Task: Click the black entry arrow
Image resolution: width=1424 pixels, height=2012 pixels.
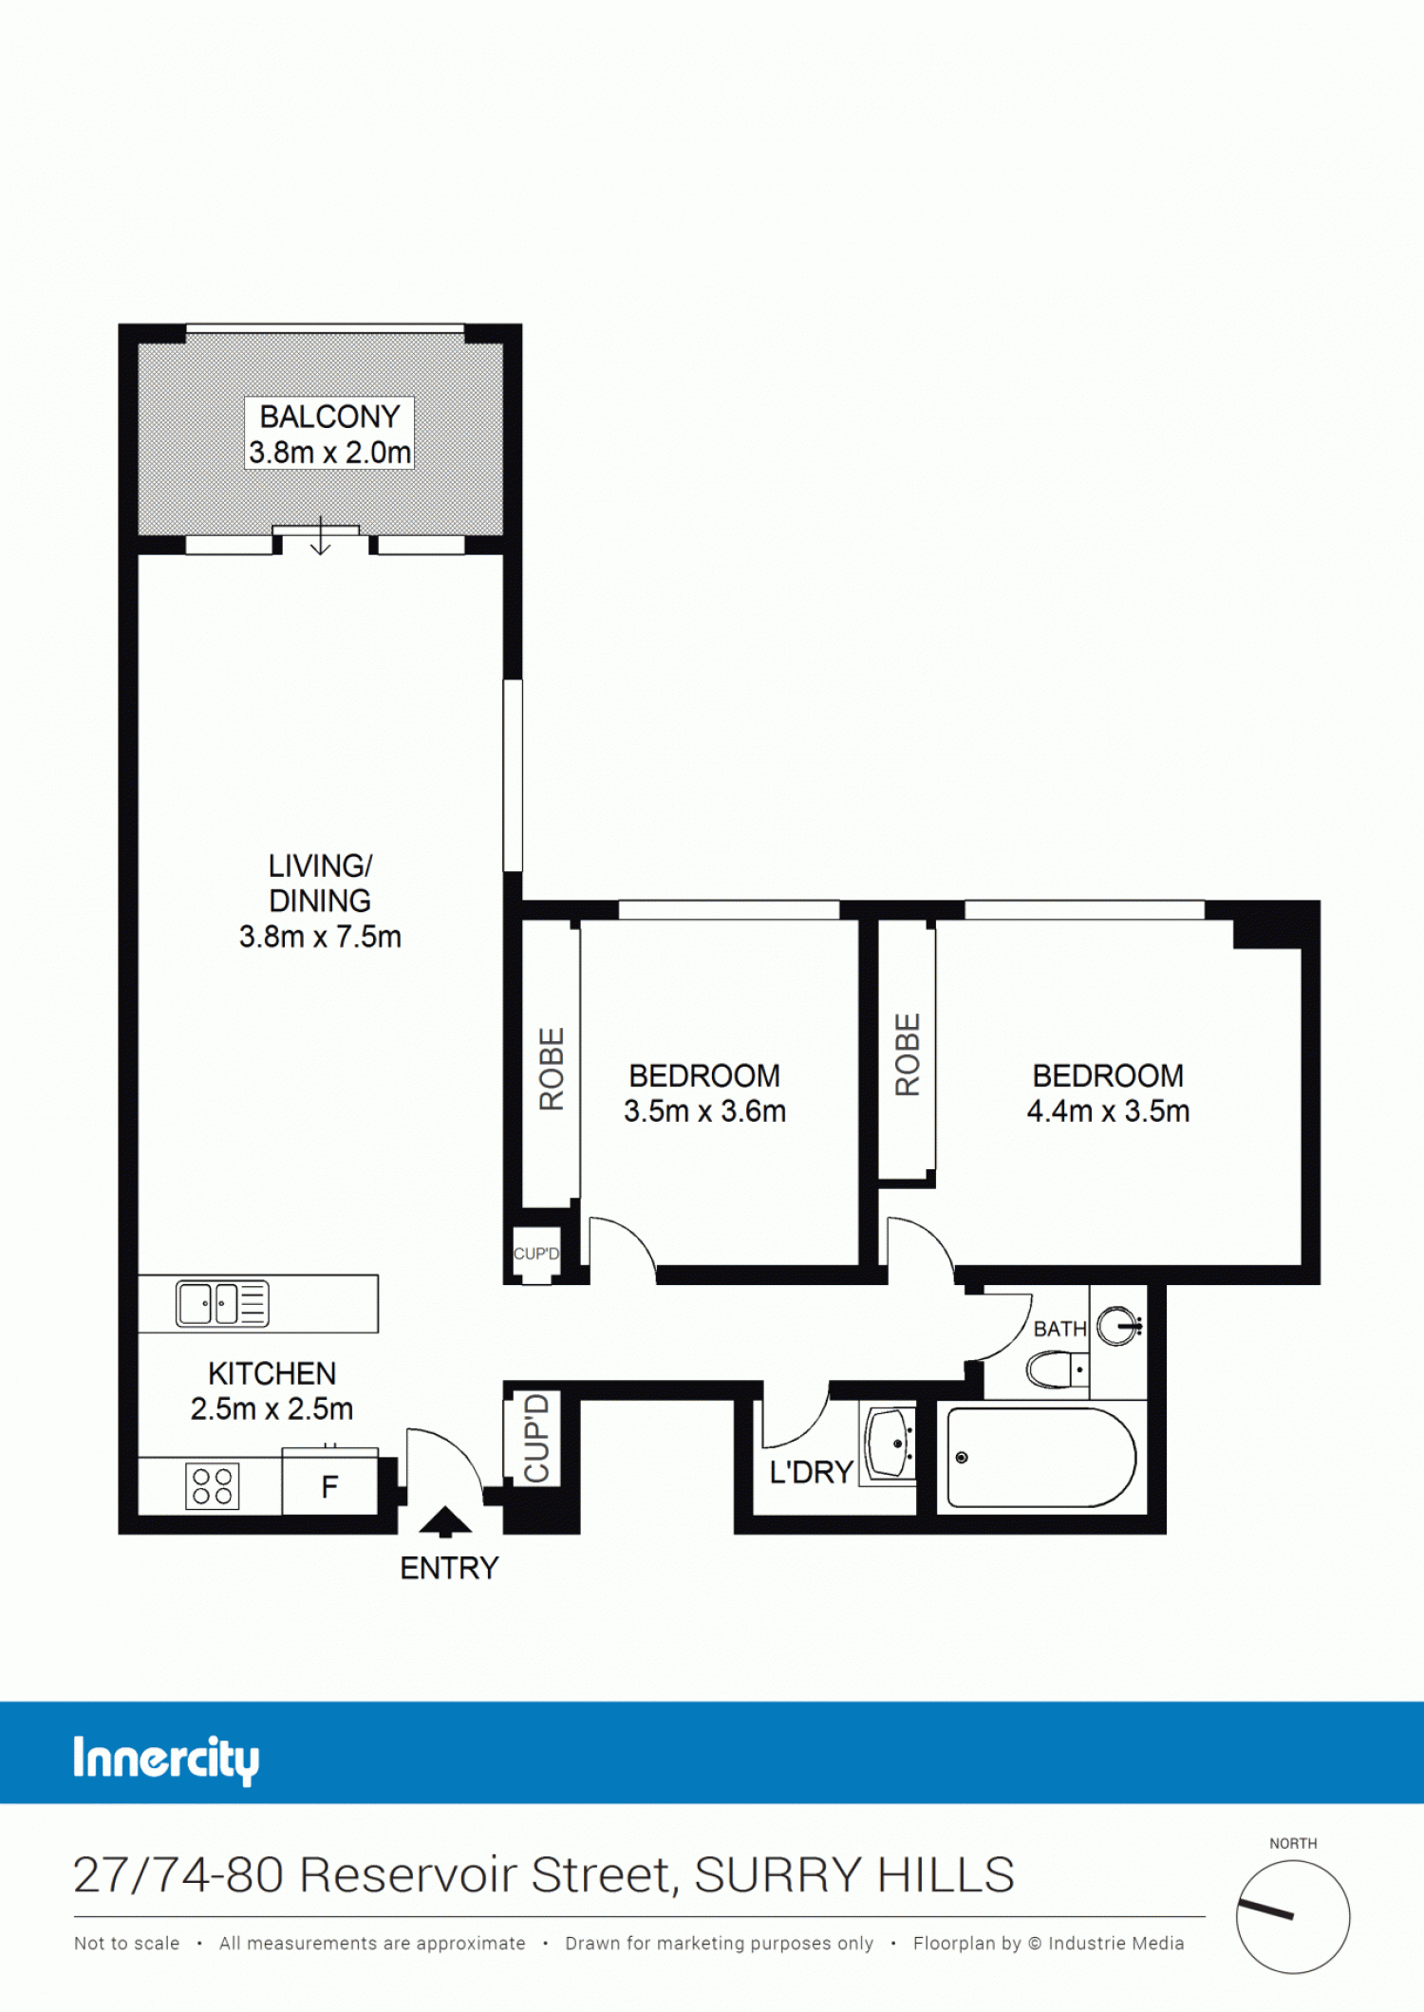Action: (x=445, y=1521)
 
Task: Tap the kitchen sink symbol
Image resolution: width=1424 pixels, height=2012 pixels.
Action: (x=222, y=1303)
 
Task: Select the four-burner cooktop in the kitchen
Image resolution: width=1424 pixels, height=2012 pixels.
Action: (x=212, y=1486)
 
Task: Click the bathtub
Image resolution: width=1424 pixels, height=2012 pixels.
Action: (x=1041, y=1457)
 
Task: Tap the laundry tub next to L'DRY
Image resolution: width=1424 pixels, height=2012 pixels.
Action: (x=889, y=1443)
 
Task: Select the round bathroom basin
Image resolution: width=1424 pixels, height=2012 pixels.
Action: (x=1118, y=1325)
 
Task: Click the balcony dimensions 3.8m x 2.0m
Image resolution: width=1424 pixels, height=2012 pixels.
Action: (x=329, y=453)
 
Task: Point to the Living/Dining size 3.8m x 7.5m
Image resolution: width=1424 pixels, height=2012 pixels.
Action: (x=320, y=937)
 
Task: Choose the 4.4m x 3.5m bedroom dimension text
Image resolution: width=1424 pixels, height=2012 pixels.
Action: (x=1108, y=1110)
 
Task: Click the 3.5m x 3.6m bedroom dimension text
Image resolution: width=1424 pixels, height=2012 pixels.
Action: (x=704, y=1110)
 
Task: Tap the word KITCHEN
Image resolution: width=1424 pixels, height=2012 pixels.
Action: (x=272, y=1373)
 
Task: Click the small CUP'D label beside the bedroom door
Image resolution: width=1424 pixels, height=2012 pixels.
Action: (x=536, y=1254)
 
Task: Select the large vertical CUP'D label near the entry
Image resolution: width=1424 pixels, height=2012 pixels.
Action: (x=537, y=1438)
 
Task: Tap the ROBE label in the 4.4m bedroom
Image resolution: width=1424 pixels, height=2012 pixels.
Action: (x=908, y=1054)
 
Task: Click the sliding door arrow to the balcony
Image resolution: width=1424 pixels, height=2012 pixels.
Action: (x=321, y=535)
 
